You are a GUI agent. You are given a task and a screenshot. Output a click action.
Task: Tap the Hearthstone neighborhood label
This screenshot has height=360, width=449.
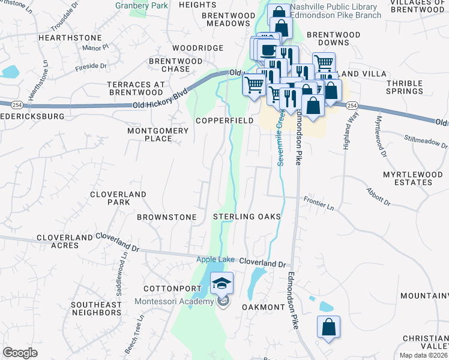point(64,37)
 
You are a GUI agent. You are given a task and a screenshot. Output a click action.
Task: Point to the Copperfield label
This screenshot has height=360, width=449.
point(224,121)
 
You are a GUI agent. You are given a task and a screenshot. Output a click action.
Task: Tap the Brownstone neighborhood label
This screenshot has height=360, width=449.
point(167,217)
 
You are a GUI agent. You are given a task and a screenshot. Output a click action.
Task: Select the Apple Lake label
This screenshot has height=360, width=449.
point(217,259)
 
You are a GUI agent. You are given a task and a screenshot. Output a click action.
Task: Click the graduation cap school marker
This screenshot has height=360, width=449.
point(222,283)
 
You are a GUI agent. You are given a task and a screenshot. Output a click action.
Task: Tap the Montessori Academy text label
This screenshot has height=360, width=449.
point(174,301)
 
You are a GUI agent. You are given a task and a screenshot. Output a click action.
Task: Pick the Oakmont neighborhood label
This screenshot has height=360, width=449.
point(263,307)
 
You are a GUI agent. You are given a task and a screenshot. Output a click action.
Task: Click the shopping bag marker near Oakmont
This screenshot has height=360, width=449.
point(328,328)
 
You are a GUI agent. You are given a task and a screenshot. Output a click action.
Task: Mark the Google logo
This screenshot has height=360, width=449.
point(20,352)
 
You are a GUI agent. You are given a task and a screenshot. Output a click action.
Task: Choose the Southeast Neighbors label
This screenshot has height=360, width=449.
point(96,308)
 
